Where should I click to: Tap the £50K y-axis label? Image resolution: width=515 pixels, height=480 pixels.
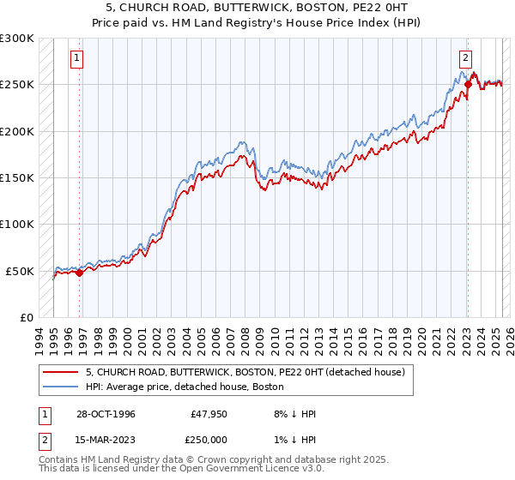(20, 271)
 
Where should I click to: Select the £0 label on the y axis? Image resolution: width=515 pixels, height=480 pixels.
(26, 317)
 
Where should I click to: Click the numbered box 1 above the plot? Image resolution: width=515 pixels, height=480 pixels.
(76, 58)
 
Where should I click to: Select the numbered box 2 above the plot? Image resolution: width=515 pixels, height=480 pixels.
(464, 58)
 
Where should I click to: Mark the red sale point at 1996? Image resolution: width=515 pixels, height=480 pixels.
(80, 273)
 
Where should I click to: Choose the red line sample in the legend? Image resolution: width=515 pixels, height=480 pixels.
(62, 372)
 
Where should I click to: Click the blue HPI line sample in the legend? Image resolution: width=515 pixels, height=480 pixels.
(62, 386)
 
